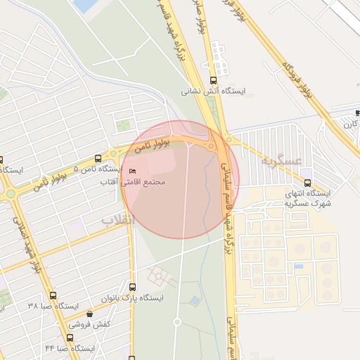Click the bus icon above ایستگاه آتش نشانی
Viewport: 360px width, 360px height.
214,79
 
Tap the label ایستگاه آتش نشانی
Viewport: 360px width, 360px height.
207,91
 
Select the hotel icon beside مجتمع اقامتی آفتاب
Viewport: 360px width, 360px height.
132,172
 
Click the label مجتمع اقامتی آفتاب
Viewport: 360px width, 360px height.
143,182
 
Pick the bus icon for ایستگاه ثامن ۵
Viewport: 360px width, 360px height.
99,159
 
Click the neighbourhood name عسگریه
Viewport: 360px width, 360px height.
267,161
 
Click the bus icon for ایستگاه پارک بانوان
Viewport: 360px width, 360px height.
133,287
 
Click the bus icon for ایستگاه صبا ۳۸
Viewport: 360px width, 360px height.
53,295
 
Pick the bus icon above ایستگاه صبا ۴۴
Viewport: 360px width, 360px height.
70,337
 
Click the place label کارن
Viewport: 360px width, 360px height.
350,124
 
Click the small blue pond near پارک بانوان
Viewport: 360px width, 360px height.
194,301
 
